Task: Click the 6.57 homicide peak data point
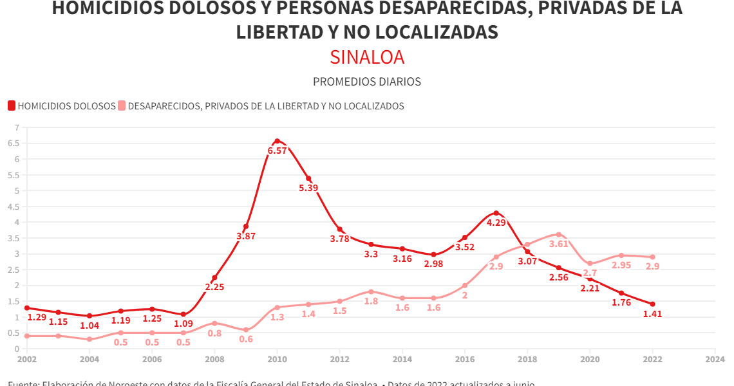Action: point(277,141)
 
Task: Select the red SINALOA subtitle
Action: point(367,57)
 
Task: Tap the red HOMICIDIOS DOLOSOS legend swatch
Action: point(12,106)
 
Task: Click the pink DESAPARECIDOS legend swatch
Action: point(122,106)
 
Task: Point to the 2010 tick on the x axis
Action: point(277,359)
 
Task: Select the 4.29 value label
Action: point(496,223)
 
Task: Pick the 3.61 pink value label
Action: point(559,244)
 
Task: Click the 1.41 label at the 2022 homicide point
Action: point(652,315)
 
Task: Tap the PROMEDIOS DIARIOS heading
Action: point(367,82)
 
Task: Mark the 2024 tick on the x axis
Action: point(715,359)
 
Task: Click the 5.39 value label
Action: point(308,188)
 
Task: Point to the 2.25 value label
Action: point(214,287)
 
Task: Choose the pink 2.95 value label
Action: point(621,265)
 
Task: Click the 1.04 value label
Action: point(89,326)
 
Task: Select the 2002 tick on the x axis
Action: point(27,359)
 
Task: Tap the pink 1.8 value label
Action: point(371,301)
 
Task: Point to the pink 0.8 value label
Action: point(214,333)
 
